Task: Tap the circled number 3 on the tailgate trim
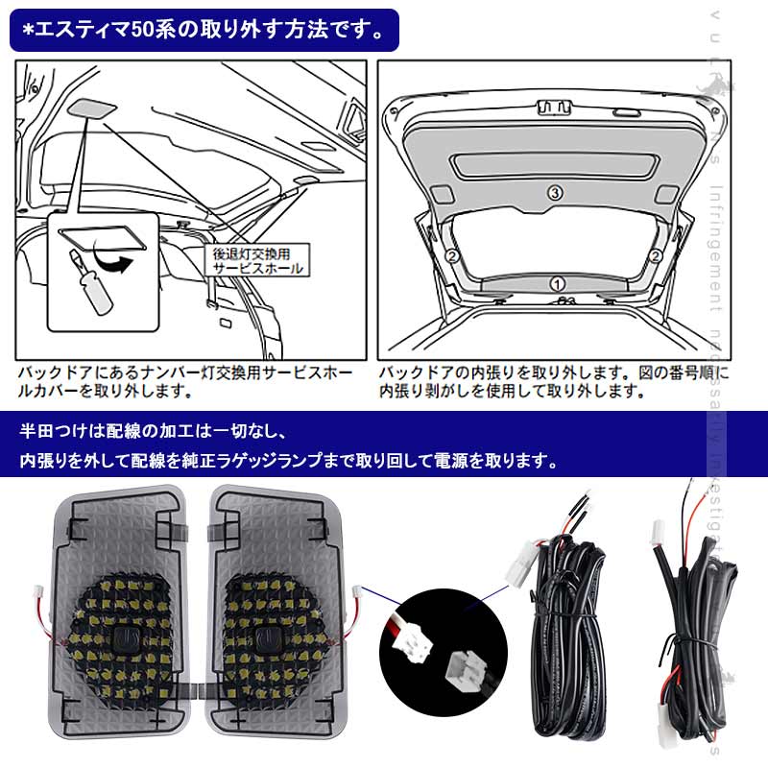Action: [554, 192]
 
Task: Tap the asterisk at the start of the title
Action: [29, 28]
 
